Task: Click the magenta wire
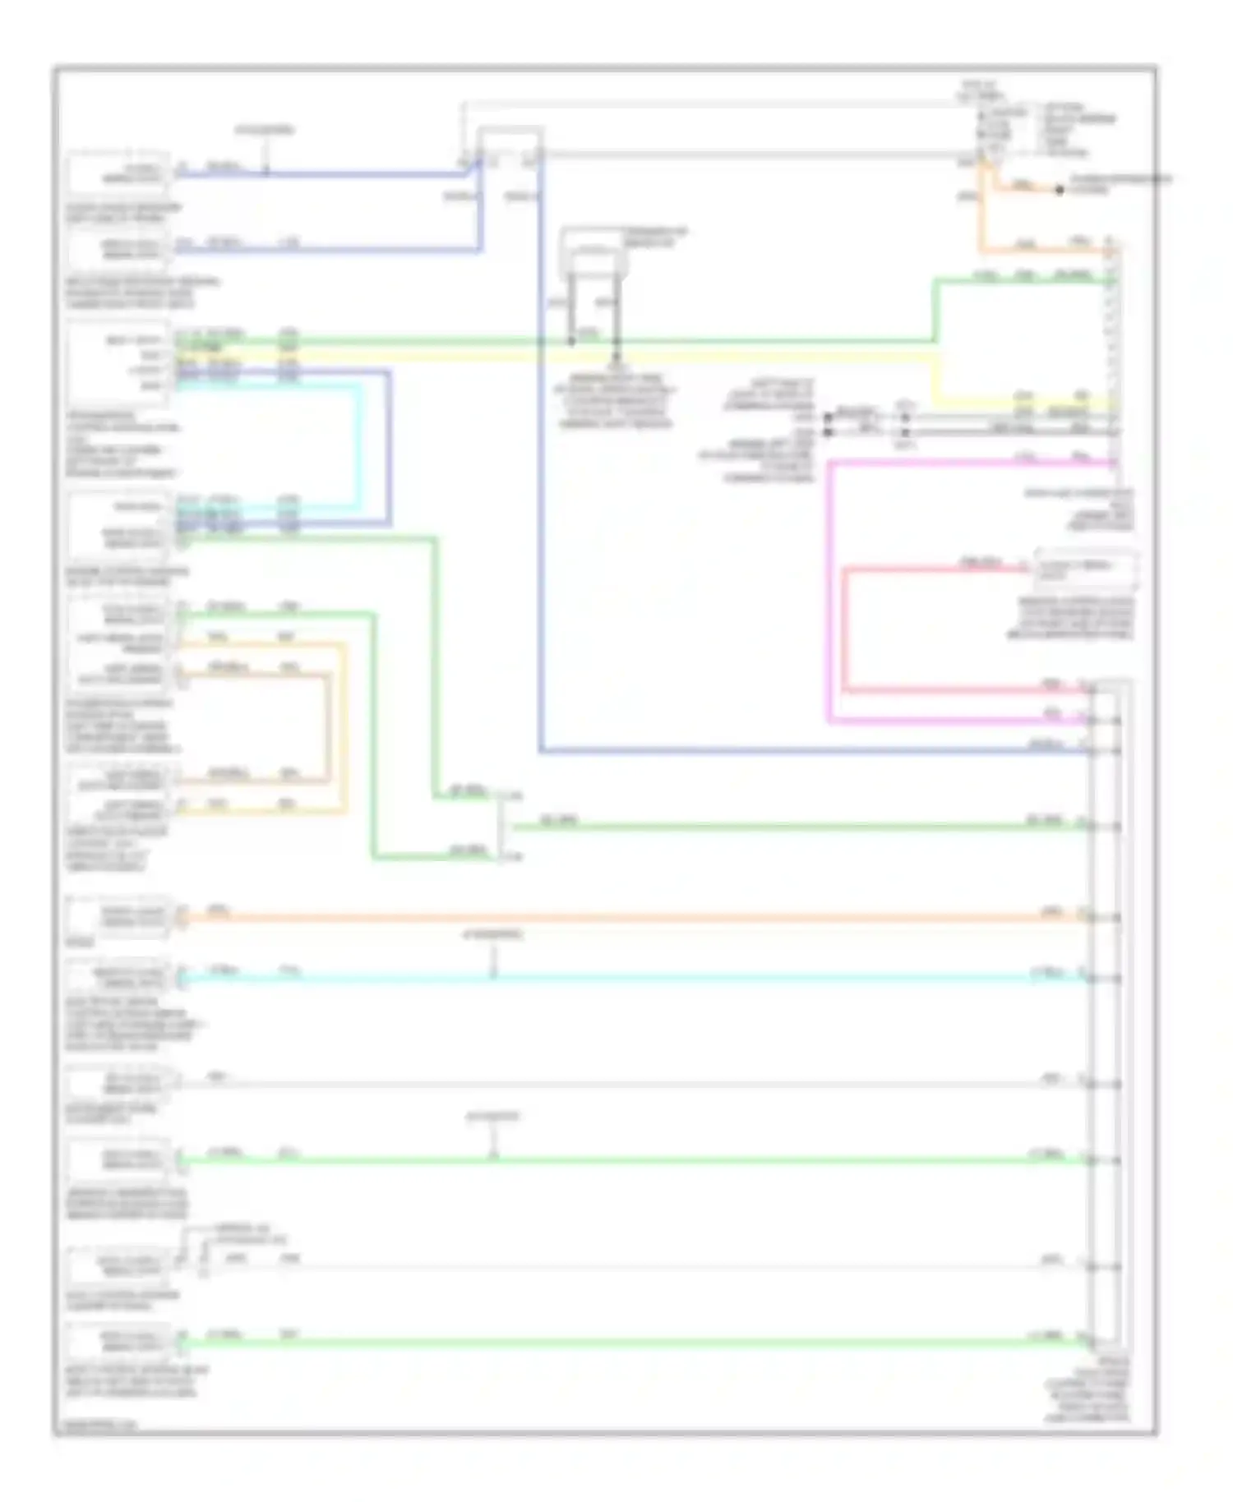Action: [x=829, y=592]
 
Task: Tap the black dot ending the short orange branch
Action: [x=1060, y=191]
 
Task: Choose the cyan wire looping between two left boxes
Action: [x=358, y=444]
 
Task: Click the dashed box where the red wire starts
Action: [x=1085, y=569]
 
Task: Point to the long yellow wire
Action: [x=575, y=357]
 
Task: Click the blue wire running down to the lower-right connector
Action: [x=541, y=493]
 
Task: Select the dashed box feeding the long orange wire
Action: [x=119, y=917]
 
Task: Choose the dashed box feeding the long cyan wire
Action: [x=119, y=978]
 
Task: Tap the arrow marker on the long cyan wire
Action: [x=493, y=970]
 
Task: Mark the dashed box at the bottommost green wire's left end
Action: [x=119, y=1343]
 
